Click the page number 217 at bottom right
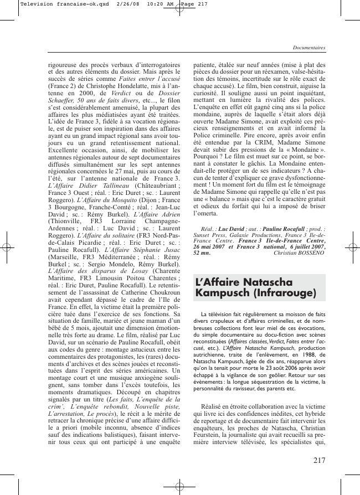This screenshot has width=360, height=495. [x=319, y=460]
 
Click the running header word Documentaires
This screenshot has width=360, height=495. [x=309, y=48]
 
